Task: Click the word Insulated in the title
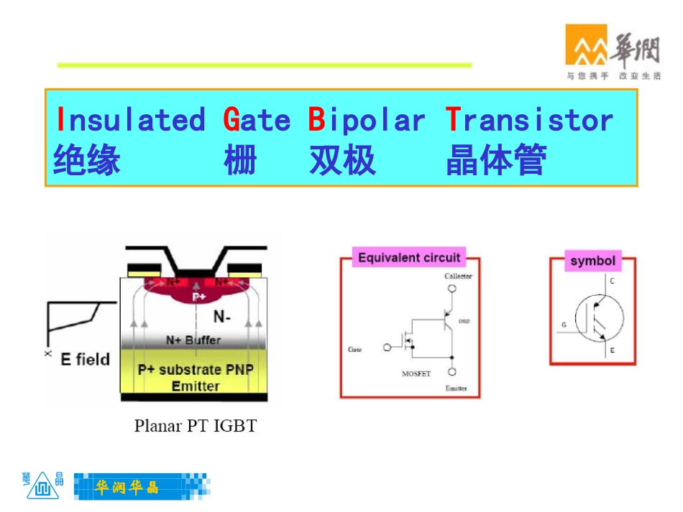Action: click(x=130, y=120)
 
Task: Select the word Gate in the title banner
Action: click(x=257, y=120)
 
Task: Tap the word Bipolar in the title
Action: click(x=367, y=120)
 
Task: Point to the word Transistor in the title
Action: click(x=529, y=120)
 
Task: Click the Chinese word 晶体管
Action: click(x=495, y=160)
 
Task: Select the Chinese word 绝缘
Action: click(x=86, y=160)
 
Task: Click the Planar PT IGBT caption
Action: click(x=195, y=426)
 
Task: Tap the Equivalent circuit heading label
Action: click(x=409, y=257)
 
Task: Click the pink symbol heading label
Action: click(x=592, y=261)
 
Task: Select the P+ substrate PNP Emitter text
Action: click(x=195, y=378)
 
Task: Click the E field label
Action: click(x=85, y=359)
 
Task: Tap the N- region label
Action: click(x=222, y=316)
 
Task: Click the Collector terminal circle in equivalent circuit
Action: click(x=452, y=290)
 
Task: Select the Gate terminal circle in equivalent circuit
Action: click(x=388, y=348)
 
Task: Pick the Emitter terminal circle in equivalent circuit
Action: click(x=452, y=372)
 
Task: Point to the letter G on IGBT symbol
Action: click(x=564, y=325)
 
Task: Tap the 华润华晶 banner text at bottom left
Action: click(x=127, y=488)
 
